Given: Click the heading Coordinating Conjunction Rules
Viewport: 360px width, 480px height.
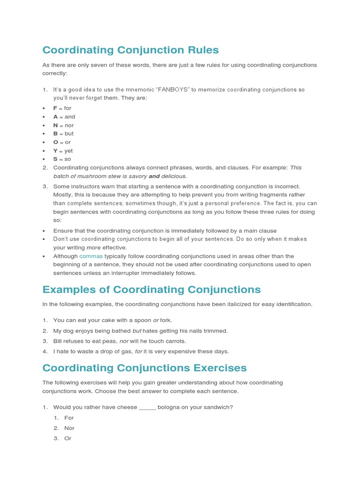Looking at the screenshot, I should [x=130, y=50].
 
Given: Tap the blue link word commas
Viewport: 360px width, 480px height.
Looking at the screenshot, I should [x=90, y=256].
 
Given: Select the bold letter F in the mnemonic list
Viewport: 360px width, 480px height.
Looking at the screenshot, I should [x=55, y=108].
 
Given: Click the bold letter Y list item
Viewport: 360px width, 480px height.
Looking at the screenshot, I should [x=55, y=151].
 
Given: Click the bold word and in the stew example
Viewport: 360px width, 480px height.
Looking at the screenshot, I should [x=154, y=176].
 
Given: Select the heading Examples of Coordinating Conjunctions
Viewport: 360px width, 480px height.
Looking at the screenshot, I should [x=151, y=289].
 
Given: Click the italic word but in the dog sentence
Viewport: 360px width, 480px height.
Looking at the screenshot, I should [x=137, y=331].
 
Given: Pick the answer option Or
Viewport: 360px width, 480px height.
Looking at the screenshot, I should [x=68, y=438].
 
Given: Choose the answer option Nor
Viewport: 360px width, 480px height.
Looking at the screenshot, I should [x=69, y=428].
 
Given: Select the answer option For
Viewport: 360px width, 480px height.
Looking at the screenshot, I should [x=69, y=418].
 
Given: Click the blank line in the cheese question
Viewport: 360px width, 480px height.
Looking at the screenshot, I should [x=147, y=407].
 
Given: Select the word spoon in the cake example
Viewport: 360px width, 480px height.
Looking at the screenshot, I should [x=142, y=321].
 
